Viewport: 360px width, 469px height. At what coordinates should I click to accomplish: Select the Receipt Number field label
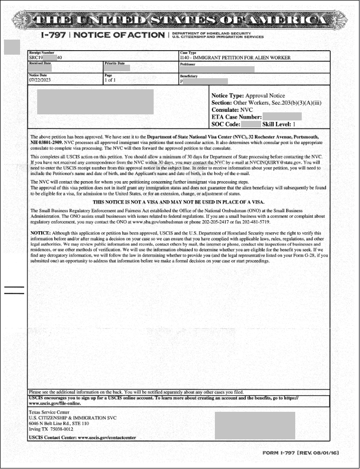point(41,53)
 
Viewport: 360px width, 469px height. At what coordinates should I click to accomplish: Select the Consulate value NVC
point(247,109)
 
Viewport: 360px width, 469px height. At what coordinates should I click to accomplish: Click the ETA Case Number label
point(236,117)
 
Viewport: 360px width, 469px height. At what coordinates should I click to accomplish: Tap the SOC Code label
point(225,124)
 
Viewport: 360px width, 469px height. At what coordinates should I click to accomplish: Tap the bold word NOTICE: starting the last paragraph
point(41,233)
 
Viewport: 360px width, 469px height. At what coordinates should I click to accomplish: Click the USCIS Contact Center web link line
point(82,437)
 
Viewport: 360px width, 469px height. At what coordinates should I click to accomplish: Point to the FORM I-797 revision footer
point(301,453)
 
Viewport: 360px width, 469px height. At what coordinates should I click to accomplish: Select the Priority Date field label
point(114,64)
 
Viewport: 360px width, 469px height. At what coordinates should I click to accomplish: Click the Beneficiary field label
point(189,76)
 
